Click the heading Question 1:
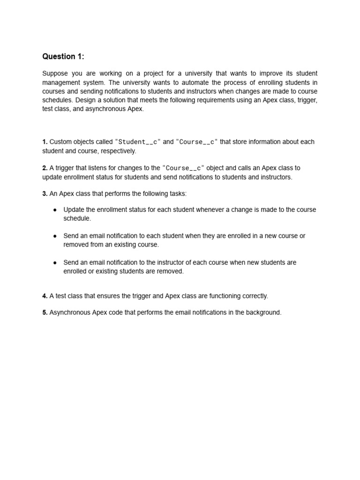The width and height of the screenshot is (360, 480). coord(63,57)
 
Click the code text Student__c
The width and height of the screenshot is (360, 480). coord(138,142)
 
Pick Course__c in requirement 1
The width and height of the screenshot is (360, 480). coord(197,142)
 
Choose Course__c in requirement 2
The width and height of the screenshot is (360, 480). coord(183,168)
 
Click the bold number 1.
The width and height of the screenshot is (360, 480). coord(45,142)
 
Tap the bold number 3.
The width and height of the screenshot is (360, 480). coord(45,194)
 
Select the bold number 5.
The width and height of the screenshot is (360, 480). coord(45,313)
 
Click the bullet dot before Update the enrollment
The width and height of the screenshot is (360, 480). coord(55,210)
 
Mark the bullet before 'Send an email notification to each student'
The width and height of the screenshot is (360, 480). coord(55,236)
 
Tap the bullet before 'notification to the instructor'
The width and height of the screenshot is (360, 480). coord(55,262)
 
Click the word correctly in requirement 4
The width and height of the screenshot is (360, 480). coord(253,296)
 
